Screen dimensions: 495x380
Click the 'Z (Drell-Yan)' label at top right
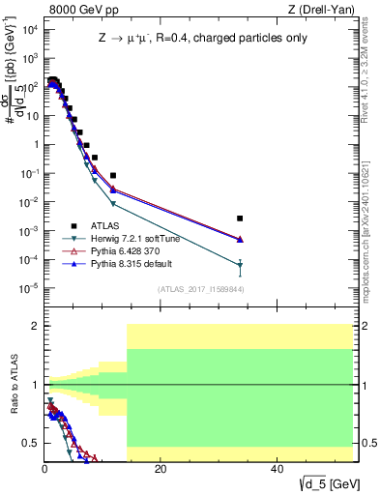point(324,11)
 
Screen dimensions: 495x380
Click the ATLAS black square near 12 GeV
point(113,176)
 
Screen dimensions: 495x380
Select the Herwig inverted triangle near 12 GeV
point(113,204)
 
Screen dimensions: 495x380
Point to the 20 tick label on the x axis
point(161,468)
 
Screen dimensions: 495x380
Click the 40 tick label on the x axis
point(276,468)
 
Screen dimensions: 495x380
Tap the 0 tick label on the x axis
point(44,468)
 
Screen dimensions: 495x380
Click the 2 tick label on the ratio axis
point(35,326)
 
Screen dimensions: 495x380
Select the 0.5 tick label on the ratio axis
point(31,443)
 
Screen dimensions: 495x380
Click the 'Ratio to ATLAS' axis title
point(13,385)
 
